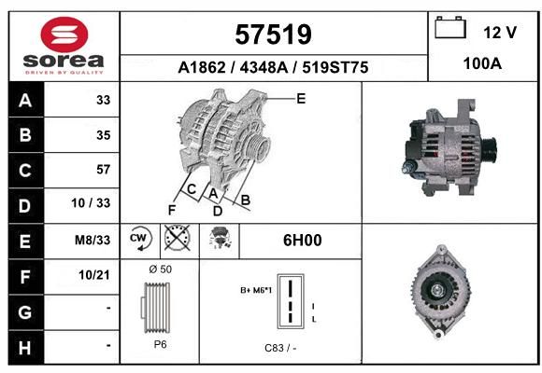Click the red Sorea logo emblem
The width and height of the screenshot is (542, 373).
click(x=64, y=35)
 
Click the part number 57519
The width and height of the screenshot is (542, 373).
click(x=273, y=35)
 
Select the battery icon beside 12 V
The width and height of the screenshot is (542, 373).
click(x=450, y=27)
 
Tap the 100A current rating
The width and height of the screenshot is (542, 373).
click(x=482, y=63)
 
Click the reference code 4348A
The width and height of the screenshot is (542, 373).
click(x=264, y=67)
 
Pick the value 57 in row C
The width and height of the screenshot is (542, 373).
click(x=104, y=170)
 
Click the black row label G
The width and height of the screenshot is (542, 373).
click(x=25, y=312)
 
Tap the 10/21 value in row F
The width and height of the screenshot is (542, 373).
click(x=94, y=275)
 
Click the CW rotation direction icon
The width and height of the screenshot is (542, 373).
click(x=140, y=238)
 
